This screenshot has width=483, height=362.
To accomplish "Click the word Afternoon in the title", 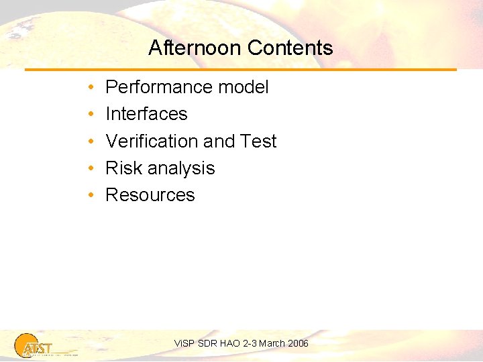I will (x=195, y=48).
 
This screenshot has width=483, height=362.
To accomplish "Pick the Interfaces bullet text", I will (x=146, y=114).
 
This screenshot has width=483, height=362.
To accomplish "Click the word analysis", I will (x=182, y=168).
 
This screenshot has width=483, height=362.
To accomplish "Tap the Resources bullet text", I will (x=150, y=195).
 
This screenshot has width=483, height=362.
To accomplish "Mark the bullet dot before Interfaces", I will (x=89, y=115).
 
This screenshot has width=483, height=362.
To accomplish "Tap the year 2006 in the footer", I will (x=298, y=343).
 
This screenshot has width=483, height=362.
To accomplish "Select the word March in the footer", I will (x=272, y=343).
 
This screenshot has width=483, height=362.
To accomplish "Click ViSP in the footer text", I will (x=183, y=343).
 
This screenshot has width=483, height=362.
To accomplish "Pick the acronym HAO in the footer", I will (x=229, y=343).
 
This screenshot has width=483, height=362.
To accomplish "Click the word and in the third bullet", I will (x=219, y=141).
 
